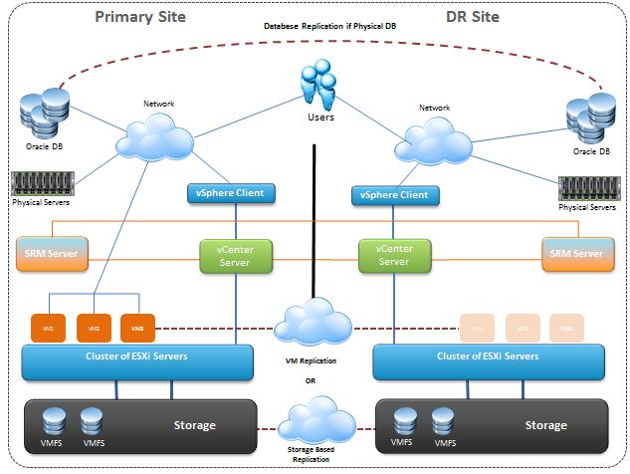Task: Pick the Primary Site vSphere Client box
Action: click(230, 192)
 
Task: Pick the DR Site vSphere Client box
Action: click(395, 195)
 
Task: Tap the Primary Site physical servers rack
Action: click(41, 184)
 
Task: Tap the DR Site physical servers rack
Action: click(589, 187)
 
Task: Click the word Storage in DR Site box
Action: click(545, 425)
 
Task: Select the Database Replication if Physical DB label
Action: click(316, 25)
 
